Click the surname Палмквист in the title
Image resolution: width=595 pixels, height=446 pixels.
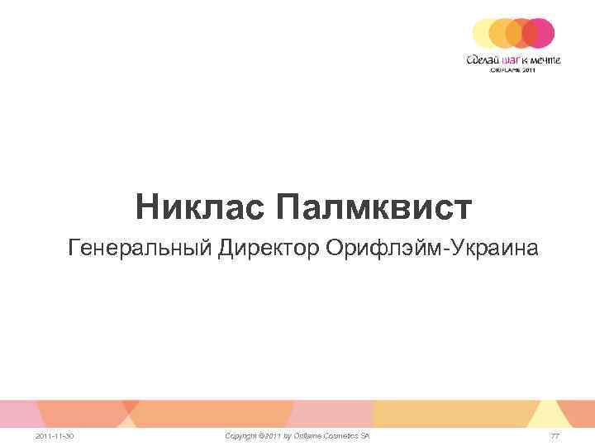[374, 207]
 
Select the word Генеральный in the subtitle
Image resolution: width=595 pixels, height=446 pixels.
[141, 248]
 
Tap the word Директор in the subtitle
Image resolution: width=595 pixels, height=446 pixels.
[269, 248]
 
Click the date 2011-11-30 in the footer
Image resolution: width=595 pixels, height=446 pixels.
[55, 435]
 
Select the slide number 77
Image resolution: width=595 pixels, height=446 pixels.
[555, 435]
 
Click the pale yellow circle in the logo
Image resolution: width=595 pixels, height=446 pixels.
[483, 33]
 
